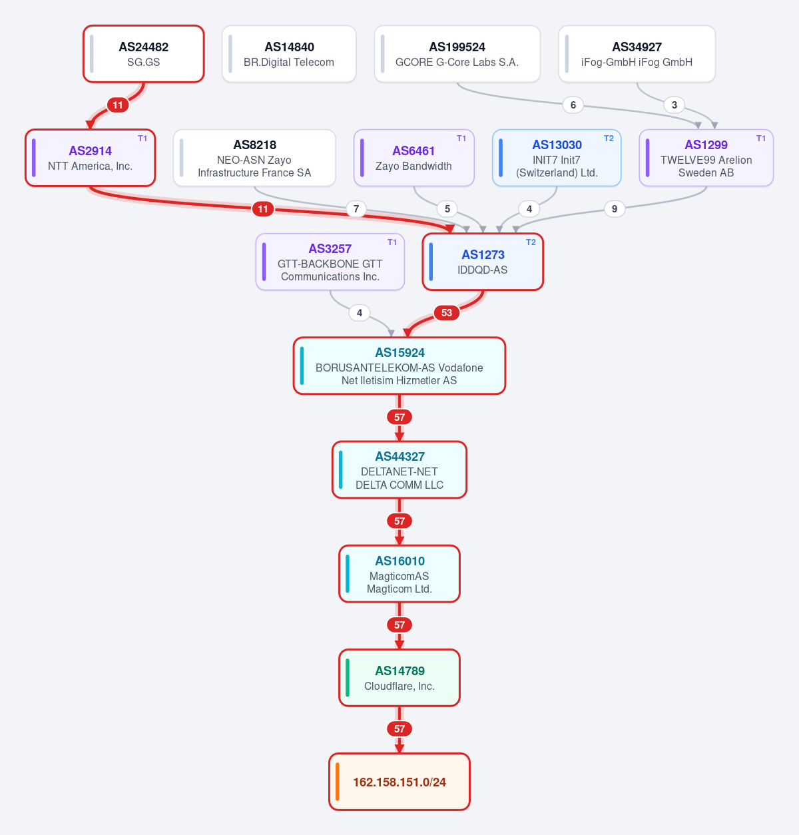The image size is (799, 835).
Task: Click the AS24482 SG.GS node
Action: click(143, 54)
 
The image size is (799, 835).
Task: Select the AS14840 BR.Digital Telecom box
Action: click(289, 54)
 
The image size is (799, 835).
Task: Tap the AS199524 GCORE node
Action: click(457, 54)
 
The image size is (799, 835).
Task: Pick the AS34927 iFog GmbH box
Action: click(637, 54)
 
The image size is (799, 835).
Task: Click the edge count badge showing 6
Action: click(573, 105)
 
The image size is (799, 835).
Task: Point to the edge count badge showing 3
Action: click(674, 105)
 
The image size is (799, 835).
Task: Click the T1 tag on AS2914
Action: click(142, 138)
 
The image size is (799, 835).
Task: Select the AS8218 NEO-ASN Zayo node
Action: click(254, 158)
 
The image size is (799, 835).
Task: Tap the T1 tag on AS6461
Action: click(461, 138)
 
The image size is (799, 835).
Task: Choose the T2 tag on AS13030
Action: click(609, 138)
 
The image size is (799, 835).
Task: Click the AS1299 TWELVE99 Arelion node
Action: click(706, 158)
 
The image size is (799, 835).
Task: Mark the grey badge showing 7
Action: click(356, 209)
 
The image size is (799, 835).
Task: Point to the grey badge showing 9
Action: click(615, 209)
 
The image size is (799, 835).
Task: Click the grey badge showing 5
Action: click(447, 209)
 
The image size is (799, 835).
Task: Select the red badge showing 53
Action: click(447, 313)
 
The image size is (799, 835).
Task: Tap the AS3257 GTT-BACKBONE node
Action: click(330, 262)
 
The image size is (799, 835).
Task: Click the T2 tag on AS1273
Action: click(531, 242)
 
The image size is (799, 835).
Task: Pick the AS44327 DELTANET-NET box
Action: click(400, 470)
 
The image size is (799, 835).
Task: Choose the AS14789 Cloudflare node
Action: click(400, 678)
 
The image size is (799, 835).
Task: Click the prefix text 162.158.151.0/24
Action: click(400, 782)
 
